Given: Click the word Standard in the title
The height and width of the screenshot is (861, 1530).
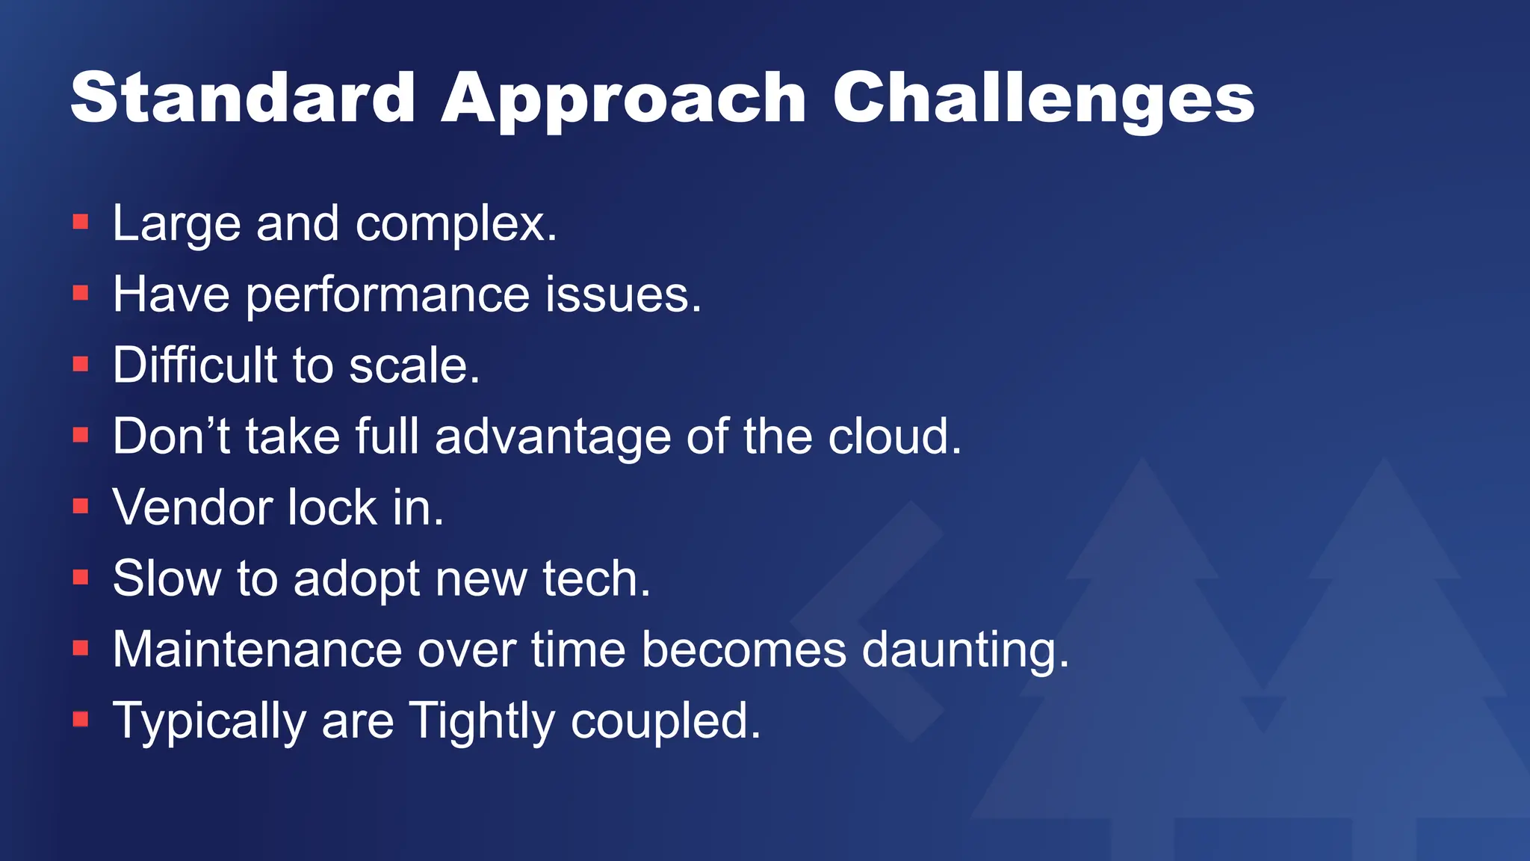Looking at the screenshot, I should point(243,98).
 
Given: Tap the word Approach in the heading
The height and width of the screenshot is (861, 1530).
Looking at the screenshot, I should point(624,98).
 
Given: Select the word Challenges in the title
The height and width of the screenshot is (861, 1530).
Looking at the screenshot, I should point(1043,98).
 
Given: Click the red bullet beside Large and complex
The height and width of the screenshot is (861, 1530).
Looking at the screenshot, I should point(81,222).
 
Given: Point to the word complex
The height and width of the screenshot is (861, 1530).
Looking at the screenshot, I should point(456,223).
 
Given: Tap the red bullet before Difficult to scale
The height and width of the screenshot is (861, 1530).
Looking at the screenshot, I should point(81,364).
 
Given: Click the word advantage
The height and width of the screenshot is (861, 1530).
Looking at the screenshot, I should point(553,436).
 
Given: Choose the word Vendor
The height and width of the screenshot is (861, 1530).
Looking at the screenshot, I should point(193,507).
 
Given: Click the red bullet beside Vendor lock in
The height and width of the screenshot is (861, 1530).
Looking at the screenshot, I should point(81,506).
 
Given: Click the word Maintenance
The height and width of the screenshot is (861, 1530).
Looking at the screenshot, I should point(257,649).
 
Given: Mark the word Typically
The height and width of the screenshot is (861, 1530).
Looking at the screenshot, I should point(209,720).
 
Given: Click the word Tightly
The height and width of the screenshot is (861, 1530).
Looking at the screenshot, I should point(483,720).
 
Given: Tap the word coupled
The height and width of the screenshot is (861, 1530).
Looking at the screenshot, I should point(665,720).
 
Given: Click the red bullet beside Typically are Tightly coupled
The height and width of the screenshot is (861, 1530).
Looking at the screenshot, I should point(81,719).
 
